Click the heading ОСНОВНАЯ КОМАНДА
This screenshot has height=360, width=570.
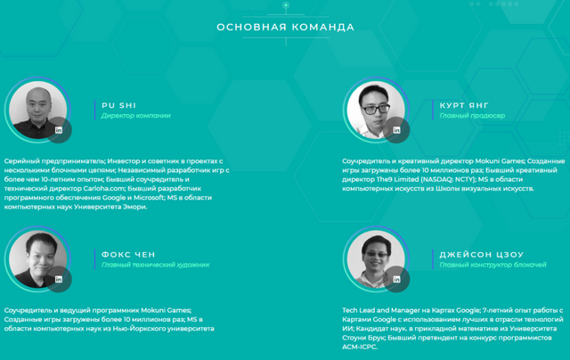[285, 28]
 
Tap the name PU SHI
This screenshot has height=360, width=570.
[118, 105]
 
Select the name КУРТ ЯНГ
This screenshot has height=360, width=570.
[464, 105]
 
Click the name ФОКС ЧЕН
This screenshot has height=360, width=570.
[128, 255]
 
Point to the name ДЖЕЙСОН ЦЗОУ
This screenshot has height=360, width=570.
[482, 255]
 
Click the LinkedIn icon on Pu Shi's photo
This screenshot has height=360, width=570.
[59, 130]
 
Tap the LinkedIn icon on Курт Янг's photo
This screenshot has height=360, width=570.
[396, 130]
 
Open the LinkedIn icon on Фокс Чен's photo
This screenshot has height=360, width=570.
[59, 279]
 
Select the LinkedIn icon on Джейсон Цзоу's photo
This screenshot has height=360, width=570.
[396, 279]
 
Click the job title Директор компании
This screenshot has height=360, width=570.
[136, 116]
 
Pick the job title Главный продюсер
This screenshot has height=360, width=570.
[472, 116]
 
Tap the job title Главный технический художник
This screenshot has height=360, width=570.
[156, 265]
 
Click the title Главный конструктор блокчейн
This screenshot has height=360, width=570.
[493, 265]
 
